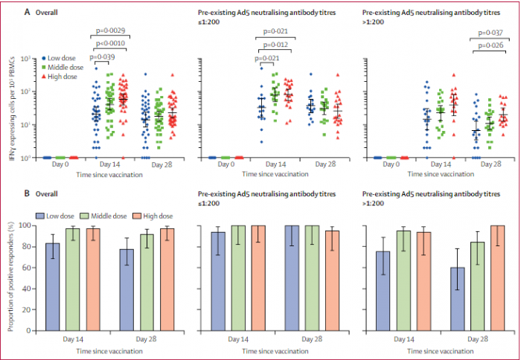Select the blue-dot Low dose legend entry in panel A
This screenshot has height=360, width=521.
(63, 57)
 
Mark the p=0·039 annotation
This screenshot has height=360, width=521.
(102, 56)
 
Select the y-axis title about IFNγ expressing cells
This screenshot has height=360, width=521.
(10, 108)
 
